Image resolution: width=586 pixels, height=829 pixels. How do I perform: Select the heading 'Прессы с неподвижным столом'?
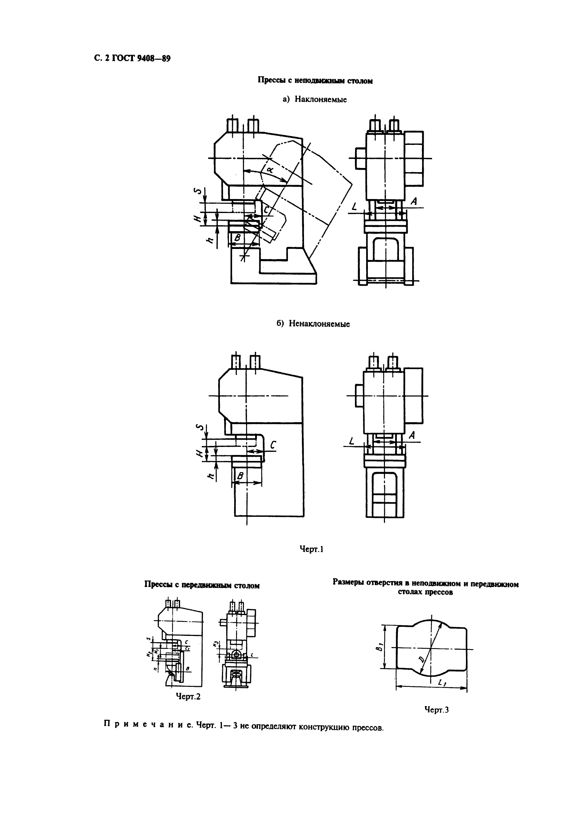pyautogui.click(x=315, y=81)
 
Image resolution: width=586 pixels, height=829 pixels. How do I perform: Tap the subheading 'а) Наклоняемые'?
pyautogui.click(x=315, y=100)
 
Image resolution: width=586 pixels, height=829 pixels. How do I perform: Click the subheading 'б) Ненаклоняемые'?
pyautogui.click(x=313, y=324)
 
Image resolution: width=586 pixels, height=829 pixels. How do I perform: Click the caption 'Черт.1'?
pyautogui.click(x=311, y=549)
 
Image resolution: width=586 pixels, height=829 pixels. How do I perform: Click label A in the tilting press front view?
pyautogui.click(x=414, y=201)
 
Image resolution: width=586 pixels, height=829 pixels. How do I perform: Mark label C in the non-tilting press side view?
pyautogui.click(x=273, y=445)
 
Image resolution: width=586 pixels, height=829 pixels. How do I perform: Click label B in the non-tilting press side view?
pyautogui.click(x=240, y=476)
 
